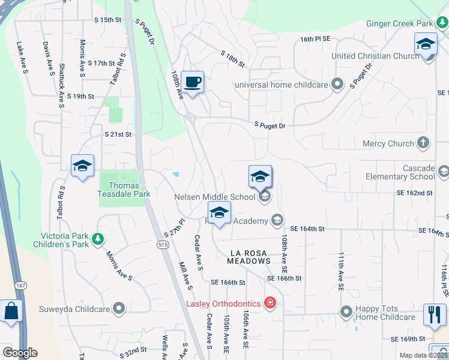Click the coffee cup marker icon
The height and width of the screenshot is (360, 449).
pyautogui.click(x=192, y=82)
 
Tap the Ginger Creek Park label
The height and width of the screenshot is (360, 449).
pyautogui.click(x=399, y=24)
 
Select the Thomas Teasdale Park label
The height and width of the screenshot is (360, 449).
pyautogui.click(x=124, y=190)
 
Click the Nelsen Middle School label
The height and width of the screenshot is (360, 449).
pyautogui.click(x=215, y=196)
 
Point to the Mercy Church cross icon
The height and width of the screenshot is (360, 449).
pyautogui.click(x=423, y=143)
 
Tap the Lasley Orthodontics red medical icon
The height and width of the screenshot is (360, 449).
pyautogui.click(x=270, y=303)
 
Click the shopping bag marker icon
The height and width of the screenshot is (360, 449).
pyautogui.click(x=11, y=311)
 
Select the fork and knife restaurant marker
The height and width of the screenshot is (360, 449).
pyautogui.click(x=435, y=314)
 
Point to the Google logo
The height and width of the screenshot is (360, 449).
pyautogui.click(x=20, y=353)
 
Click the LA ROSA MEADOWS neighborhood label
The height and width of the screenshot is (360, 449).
pyautogui.click(x=249, y=257)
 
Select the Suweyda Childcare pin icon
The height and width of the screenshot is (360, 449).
pyautogui.click(x=119, y=309)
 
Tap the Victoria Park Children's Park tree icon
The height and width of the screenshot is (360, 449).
pyautogui.click(x=97, y=240)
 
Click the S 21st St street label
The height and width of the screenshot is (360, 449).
pyautogui.click(x=118, y=134)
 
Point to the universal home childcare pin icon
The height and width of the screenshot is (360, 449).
pyautogui.click(x=337, y=85)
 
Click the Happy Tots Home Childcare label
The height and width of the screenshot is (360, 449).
pyautogui.click(x=385, y=313)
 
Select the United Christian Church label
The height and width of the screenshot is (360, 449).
pyautogui.click(x=375, y=56)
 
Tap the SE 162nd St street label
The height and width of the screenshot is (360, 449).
pyautogui.click(x=414, y=193)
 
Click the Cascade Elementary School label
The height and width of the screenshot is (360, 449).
pyautogui.click(x=401, y=172)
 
